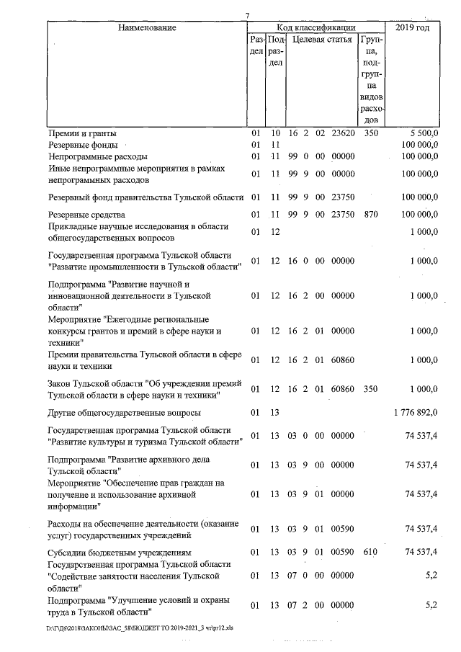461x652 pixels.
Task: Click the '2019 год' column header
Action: click(413, 27)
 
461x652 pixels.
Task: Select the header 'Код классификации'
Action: click(311, 27)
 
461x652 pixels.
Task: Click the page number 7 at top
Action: click(247, 15)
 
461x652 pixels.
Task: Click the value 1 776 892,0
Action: click(411, 413)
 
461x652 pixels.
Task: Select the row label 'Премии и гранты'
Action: click(82, 133)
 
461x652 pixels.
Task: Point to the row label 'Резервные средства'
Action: click(87, 215)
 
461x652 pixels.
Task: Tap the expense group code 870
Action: click(370, 215)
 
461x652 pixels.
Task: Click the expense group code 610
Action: click(370, 553)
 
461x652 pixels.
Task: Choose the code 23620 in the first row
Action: click(341, 133)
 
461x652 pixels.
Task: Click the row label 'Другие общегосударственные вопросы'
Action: click(124, 413)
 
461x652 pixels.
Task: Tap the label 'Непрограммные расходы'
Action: click(97, 156)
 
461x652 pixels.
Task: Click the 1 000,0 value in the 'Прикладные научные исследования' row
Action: click(423, 232)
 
